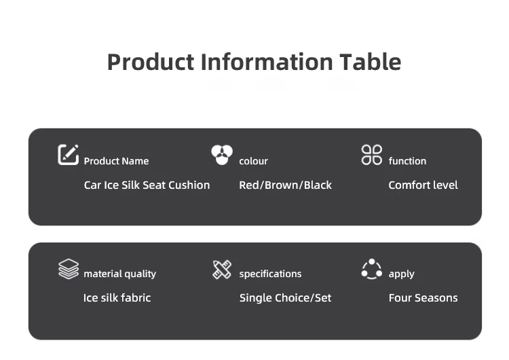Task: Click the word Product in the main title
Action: tap(151, 62)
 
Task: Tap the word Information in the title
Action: tap(267, 62)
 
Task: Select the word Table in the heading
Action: tap(371, 62)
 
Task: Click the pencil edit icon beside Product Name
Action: tap(68, 155)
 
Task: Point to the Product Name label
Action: tap(116, 161)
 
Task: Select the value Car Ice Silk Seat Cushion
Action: tap(147, 185)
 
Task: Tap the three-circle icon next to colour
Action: tap(222, 155)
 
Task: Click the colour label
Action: tap(254, 161)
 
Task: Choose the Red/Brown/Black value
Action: tap(285, 185)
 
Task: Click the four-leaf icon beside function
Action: tap(372, 155)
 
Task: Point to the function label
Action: tap(407, 161)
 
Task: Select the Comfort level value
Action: tap(423, 185)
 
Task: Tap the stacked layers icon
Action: tap(69, 269)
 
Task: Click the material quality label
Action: tap(119, 274)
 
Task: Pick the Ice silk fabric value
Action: tap(117, 298)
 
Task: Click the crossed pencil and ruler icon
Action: tap(222, 270)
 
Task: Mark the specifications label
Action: tap(270, 274)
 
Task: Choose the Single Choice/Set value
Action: tap(285, 298)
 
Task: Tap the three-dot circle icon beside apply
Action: tap(372, 269)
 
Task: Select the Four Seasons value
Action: tap(423, 298)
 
